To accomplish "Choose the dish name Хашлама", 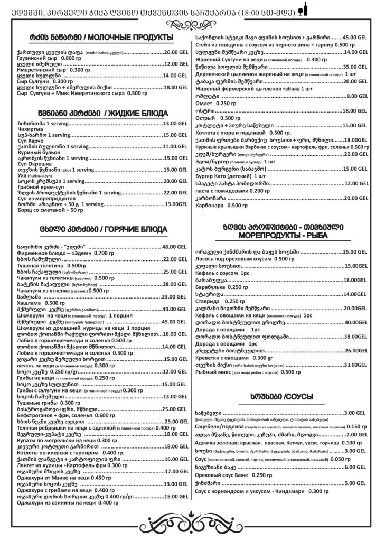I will tap(30, 303).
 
